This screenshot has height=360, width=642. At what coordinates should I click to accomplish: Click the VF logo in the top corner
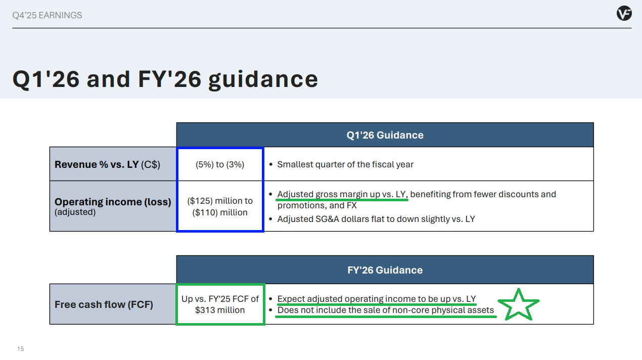624,13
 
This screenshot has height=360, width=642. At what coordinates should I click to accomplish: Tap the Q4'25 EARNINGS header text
47,15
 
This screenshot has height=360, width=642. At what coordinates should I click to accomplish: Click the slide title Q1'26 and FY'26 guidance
165,79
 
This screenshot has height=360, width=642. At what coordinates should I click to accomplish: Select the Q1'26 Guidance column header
385,135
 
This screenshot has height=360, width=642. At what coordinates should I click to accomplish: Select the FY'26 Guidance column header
385,270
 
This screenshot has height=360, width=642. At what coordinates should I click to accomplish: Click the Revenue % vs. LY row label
107,164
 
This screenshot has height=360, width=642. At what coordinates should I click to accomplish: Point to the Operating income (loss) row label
113,202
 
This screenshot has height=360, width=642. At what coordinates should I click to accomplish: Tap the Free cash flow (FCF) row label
104,304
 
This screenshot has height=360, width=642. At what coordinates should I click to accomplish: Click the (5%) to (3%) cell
220,164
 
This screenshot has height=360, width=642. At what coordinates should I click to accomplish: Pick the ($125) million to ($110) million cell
220,207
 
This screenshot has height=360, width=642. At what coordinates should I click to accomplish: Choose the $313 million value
220,310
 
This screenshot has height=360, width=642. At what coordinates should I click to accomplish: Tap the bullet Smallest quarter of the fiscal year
345,164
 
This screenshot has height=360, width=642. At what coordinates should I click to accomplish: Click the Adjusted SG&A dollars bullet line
376,219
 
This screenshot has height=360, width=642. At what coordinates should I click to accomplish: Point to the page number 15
21,349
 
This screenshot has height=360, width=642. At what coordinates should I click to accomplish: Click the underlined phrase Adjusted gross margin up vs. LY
342,194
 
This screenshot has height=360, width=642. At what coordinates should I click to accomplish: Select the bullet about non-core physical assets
386,310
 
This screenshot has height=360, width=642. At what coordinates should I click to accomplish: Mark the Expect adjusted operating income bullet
377,299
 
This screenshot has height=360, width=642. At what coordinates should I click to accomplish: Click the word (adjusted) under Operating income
75,212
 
